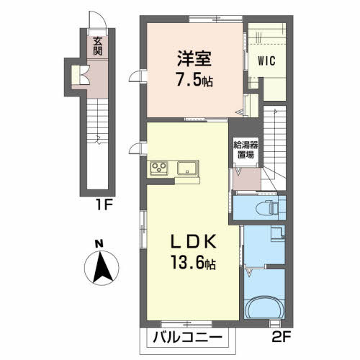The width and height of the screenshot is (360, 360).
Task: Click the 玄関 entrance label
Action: coord(97,46)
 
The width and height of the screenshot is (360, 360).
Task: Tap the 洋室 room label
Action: coord(194,58)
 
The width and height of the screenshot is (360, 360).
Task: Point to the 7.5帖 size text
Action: coord(194,79)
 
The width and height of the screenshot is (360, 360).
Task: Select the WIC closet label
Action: coord(266,60)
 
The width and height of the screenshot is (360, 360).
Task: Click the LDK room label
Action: coord(194,241)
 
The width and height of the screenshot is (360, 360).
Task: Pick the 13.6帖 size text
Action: coord(193,262)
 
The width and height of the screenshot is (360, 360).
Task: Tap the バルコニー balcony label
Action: coord(187,338)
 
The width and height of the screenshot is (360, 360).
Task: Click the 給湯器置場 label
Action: coord(246,150)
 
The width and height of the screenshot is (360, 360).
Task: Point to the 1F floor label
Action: coord(104,204)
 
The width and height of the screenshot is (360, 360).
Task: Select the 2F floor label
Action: coord(282,336)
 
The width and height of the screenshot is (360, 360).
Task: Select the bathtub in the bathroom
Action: coord(264,307)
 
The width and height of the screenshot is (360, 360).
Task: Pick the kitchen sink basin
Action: coord(188,168)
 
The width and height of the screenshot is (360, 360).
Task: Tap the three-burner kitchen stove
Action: coord(159,168)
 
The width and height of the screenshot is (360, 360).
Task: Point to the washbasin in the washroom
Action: coord(278,233)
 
